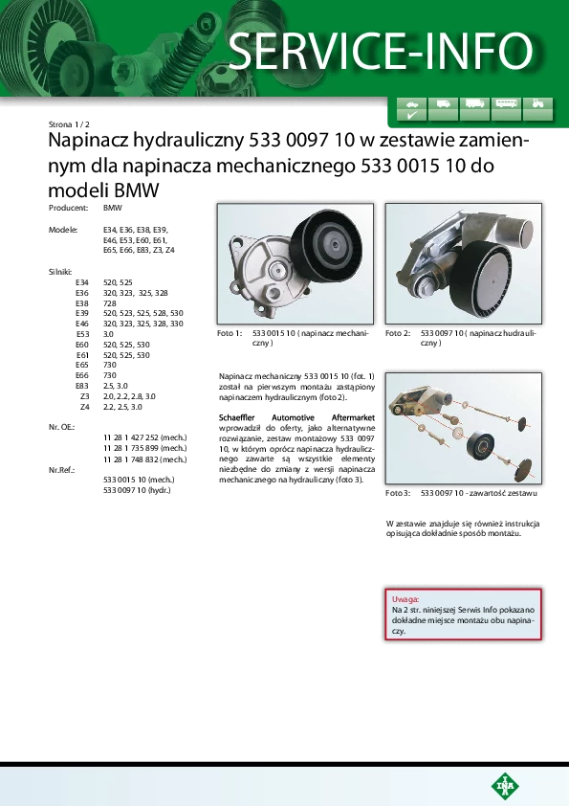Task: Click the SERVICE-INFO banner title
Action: click(381, 51)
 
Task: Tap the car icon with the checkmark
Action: click(411, 109)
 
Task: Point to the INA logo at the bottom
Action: click(505, 786)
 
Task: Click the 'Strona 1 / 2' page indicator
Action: click(69, 124)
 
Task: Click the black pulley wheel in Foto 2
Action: click(486, 280)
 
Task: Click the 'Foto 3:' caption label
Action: click(398, 493)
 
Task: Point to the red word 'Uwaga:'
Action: click(405, 599)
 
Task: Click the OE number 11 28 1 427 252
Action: click(131, 437)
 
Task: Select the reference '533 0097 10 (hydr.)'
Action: click(137, 490)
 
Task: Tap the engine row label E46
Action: click(82, 324)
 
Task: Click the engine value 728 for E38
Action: click(110, 303)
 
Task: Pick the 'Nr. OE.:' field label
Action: click(61, 427)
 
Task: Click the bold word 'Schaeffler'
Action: click(237, 418)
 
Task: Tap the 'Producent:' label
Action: click(68, 208)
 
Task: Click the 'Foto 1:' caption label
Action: click(230, 333)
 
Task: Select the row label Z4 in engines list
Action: click(85, 407)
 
